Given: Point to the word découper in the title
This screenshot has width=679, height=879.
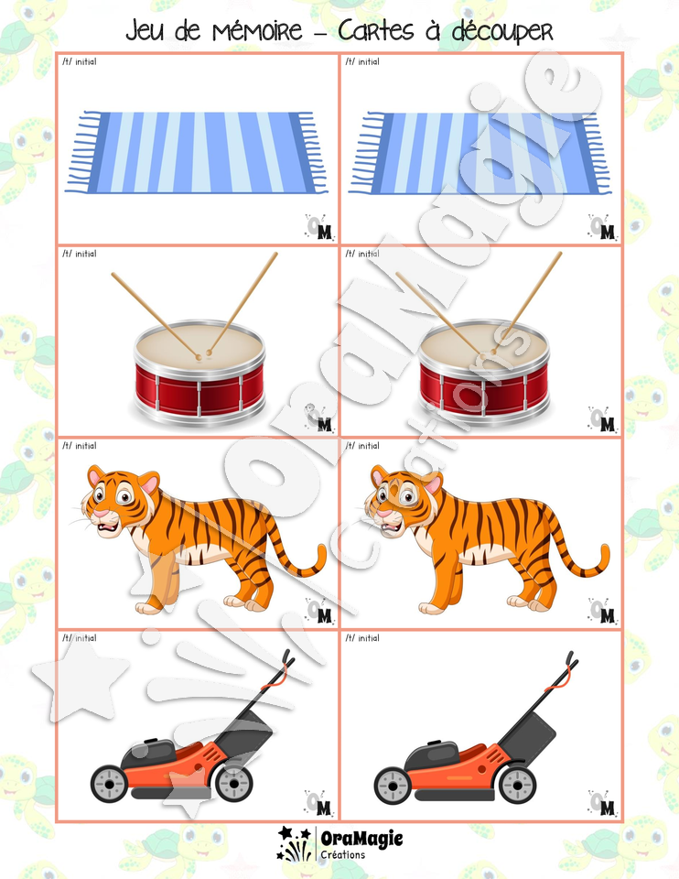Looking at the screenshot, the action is coord(502,33).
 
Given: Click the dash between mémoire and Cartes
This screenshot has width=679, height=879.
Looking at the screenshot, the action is coord(320,33).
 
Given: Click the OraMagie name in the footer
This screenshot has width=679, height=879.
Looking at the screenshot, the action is coord(361,839).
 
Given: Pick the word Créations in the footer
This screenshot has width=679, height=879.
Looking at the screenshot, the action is coord(343,855).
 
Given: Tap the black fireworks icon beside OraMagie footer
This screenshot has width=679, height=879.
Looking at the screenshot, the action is coord(295,843).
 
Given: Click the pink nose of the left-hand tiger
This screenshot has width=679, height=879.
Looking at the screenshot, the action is coord(100,513).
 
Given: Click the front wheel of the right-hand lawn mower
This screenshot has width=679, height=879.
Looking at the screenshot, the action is coord(393,785).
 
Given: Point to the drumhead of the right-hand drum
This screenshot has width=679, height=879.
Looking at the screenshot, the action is coord(484,342).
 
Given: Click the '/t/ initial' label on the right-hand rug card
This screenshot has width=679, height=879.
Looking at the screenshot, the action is coord(362,61).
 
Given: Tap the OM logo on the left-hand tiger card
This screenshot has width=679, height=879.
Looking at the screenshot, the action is coord(319,611).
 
